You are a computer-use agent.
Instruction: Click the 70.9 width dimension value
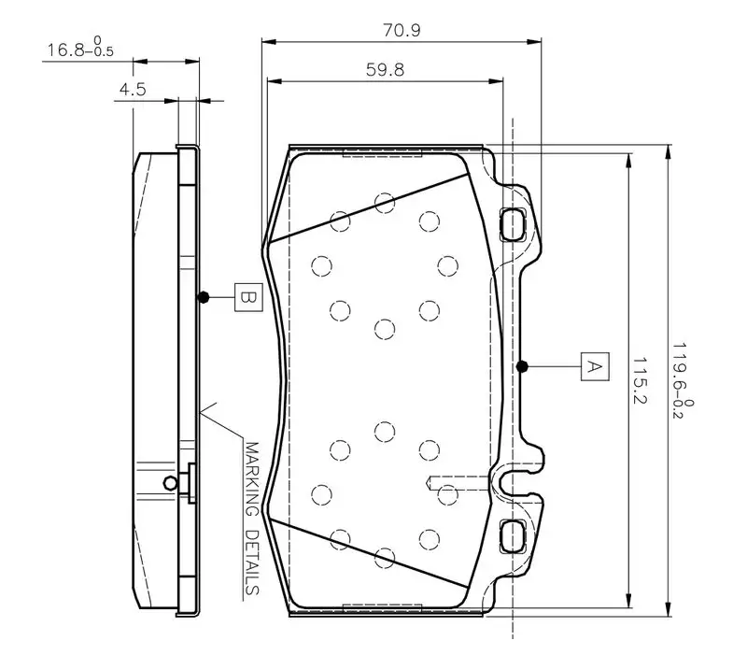pyautogui.click(x=401, y=30)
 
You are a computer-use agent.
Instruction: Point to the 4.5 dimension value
pyautogui.click(x=131, y=90)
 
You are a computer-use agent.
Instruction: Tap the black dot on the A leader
pyautogui.click(x=522, y=365)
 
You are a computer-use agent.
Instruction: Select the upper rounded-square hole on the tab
pyautogui.click(x=514, y=223)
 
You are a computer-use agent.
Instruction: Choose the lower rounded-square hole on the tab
pyautogui.click(x=514, y=534)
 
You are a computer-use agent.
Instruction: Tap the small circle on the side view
pyautogui.click(x=169, y=482)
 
